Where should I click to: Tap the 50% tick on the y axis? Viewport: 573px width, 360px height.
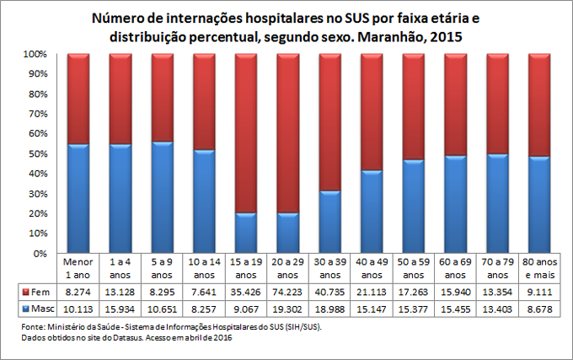pos(34,153)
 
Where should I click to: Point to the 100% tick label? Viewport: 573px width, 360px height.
pos(31,54)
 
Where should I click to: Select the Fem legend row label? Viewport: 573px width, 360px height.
pos(38,291)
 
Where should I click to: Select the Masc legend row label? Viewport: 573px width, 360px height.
pos(38,309)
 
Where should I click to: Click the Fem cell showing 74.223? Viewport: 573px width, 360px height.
pos(288,291)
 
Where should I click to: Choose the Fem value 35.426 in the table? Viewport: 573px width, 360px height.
pos(246,291)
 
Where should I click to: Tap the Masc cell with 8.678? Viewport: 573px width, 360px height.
pos(539,309)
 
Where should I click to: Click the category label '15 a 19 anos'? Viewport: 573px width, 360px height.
pos(246,267)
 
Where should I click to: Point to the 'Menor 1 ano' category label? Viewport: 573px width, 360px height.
pos(78,267)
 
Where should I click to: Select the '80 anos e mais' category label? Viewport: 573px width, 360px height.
pos(539,267)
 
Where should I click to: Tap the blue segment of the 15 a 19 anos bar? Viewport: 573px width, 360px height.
pos(246,233)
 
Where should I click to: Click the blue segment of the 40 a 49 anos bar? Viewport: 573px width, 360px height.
pos(372,212)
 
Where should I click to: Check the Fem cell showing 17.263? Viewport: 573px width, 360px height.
pos(414,291)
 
